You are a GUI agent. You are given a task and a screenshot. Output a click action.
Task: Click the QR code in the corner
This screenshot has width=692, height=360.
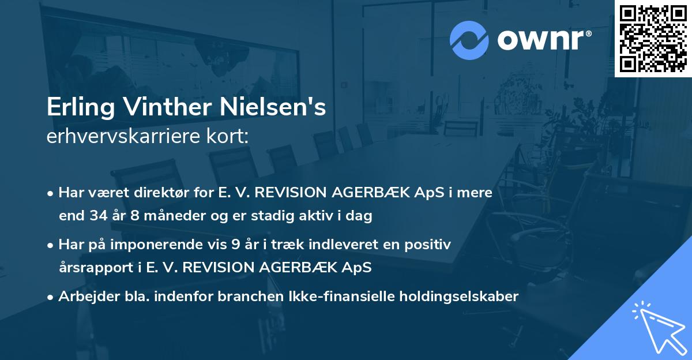coord(653,38)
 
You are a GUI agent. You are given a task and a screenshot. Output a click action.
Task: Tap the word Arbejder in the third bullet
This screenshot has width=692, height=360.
coord(84,297)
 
